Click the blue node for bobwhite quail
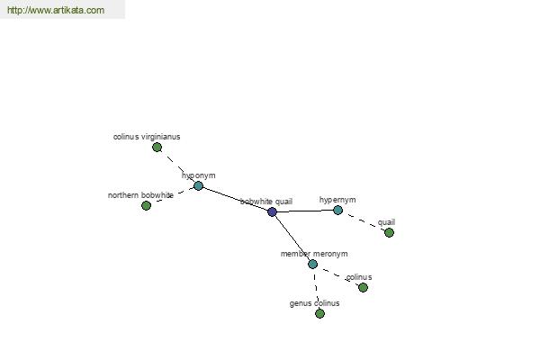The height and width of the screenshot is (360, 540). click(272, 211)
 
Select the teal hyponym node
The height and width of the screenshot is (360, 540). click(198, 186)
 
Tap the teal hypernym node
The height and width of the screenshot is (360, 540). click(337, 210)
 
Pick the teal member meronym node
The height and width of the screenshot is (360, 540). click(312, 265)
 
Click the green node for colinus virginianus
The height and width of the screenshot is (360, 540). click(157, 148)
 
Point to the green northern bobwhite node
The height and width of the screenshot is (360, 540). click(147, 206)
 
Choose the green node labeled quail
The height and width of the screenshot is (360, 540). click(389, 233)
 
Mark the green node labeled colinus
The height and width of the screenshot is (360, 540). click(363, 287)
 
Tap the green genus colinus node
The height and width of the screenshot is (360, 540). click(319, 313)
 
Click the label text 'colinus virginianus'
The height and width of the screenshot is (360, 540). click(147, 137)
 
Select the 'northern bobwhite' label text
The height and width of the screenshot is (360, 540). click(140, 195)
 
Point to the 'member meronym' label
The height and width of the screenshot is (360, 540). click(314, 254)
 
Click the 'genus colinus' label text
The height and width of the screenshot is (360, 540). click(314, 303)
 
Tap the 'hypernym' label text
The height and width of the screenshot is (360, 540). click(337, 200)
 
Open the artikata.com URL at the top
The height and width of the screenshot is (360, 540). click(56, 10)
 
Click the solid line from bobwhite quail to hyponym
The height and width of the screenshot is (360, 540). click(235, 199)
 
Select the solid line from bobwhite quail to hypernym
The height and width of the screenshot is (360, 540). click(305, 211)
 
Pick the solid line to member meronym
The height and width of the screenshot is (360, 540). click(292, 238)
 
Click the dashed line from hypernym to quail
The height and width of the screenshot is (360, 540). click(364, 221)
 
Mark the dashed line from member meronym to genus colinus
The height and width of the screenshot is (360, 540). click(316, 289)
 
